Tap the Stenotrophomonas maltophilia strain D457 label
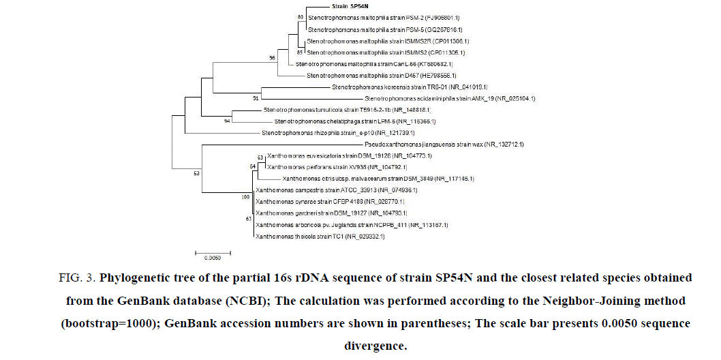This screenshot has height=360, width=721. tap(381, 75)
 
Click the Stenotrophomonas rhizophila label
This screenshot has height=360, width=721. tap(328, 133)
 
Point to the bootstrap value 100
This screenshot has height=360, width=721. tap(246, 197)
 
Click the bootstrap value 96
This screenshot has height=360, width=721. tap(272, 58)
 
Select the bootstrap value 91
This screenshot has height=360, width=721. tap(256, 97)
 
